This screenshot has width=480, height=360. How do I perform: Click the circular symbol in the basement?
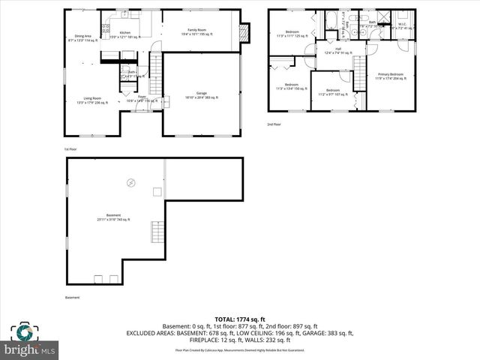pyautogui.click(x=131, y=182)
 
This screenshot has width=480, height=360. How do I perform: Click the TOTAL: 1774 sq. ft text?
pyautogui.click(x=240, y=319)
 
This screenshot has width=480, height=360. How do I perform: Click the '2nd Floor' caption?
pyautogui.click(x=274, y=124)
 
